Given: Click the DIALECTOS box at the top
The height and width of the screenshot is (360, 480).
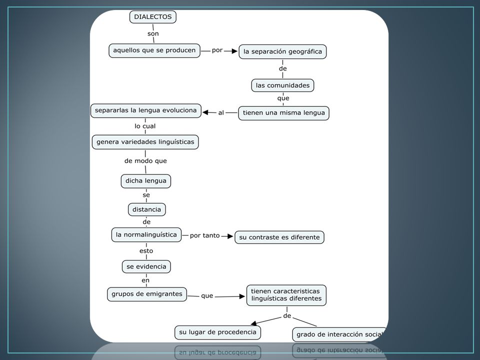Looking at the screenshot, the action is (x=153, y=17).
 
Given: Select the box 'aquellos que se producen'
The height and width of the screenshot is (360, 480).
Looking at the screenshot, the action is (x=154, y=50).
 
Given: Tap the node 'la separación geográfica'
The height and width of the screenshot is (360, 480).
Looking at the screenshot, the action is (x=282, y=51).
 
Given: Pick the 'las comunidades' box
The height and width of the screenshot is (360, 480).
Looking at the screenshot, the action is (x=282, y=85).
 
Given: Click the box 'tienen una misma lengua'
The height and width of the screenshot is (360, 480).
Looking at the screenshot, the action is (x=284, y=113).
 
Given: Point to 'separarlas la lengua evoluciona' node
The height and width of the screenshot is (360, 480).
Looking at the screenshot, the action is (x=145, y=110).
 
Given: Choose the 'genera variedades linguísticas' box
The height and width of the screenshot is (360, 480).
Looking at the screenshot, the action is (x=145, y=142).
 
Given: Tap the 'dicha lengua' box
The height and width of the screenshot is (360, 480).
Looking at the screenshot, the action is (x=145, y=181).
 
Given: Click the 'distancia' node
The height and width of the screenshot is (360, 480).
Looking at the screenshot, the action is (x=146, y=209).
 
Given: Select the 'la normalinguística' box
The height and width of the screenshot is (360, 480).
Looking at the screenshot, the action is (x=146, y=235).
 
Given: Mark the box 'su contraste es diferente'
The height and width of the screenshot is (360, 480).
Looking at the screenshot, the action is (x=279, y=237).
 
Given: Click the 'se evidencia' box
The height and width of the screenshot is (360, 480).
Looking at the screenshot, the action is (x=146, y=266).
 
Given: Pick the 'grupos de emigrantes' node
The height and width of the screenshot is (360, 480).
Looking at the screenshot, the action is (x=147, y=294).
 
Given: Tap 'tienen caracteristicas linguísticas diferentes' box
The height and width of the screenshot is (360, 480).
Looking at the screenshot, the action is (x=286, y=295).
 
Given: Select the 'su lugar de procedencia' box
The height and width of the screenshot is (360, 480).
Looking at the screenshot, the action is (x=217, y=332).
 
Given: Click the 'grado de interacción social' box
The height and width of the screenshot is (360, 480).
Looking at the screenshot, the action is (x=339, y=334).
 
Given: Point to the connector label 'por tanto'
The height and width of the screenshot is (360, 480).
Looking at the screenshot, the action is (x=205, y=235).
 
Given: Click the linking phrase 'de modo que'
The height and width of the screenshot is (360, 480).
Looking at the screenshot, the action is (x=145, y=161).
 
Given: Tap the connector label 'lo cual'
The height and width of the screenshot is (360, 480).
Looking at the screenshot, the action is (x=145, y=126).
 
